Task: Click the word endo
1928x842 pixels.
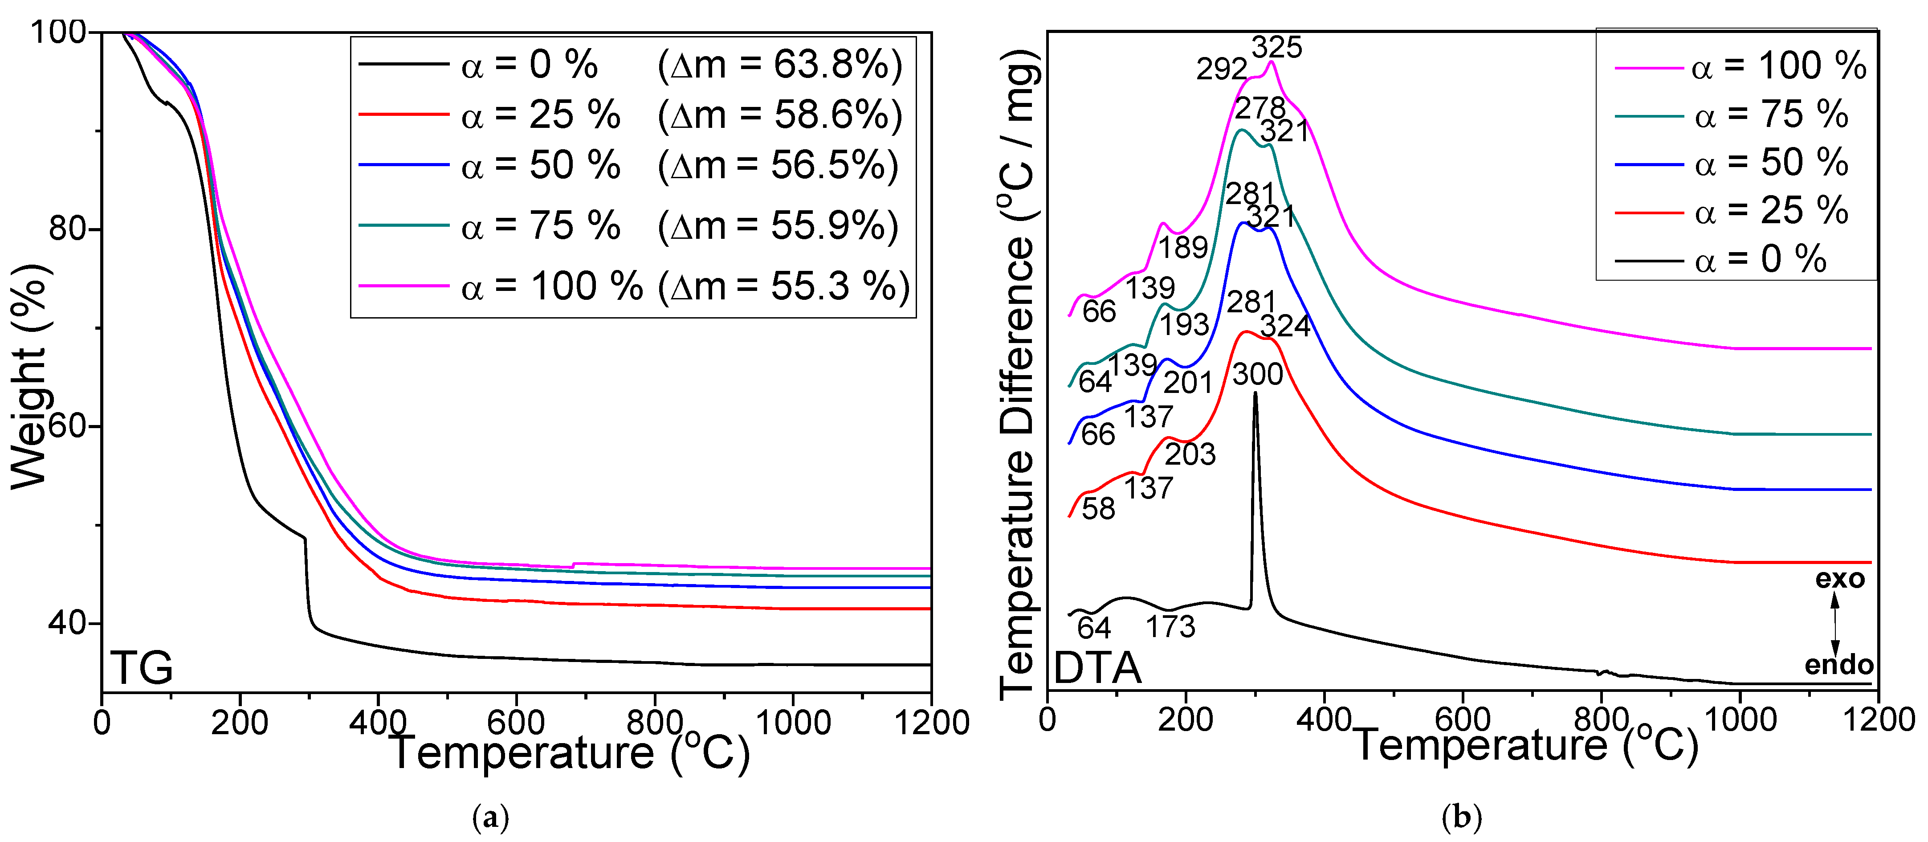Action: (x=1838, y=665)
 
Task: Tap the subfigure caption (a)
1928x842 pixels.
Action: (x=491, y=817)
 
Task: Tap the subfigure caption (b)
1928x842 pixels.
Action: (x=1461, y=817)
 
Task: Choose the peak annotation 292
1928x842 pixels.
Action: (x=1222, y=69)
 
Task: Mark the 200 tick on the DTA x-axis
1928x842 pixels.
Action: (x=1186, y=720)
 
